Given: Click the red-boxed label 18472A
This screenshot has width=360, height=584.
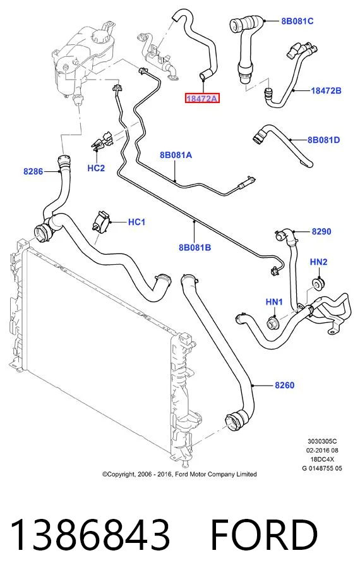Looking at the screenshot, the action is [202, 99].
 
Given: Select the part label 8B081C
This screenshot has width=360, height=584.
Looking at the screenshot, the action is [297, 21].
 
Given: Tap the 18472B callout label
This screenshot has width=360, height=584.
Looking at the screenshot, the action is [326, 90].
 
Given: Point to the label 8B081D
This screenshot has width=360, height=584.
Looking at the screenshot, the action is [323, 140].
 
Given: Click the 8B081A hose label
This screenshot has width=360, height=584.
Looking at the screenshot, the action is [176, 155].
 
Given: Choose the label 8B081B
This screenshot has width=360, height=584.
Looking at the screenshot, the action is [195, 247].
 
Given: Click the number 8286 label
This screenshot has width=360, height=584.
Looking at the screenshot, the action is [33, 171].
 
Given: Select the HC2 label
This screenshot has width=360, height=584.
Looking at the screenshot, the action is [96, 168].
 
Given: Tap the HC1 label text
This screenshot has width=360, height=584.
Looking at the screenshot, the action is [136, 222].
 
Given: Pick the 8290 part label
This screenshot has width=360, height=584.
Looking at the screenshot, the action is [321, 231].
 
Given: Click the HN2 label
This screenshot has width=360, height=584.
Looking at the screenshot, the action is [318, 262].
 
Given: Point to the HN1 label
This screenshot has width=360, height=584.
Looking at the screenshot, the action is [274, 301].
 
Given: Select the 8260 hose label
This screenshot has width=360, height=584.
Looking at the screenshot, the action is [284, 385].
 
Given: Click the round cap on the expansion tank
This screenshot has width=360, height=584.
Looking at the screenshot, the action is [102, 38].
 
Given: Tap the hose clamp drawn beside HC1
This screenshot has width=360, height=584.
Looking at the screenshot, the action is [100, 222].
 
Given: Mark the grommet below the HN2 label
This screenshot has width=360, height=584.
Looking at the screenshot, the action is [318, 284].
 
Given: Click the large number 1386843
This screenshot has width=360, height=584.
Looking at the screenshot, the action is [90, 535].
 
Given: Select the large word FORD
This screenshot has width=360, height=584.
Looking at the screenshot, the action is [264, 535].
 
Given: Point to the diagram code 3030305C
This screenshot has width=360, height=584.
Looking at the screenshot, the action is [322, 441].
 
